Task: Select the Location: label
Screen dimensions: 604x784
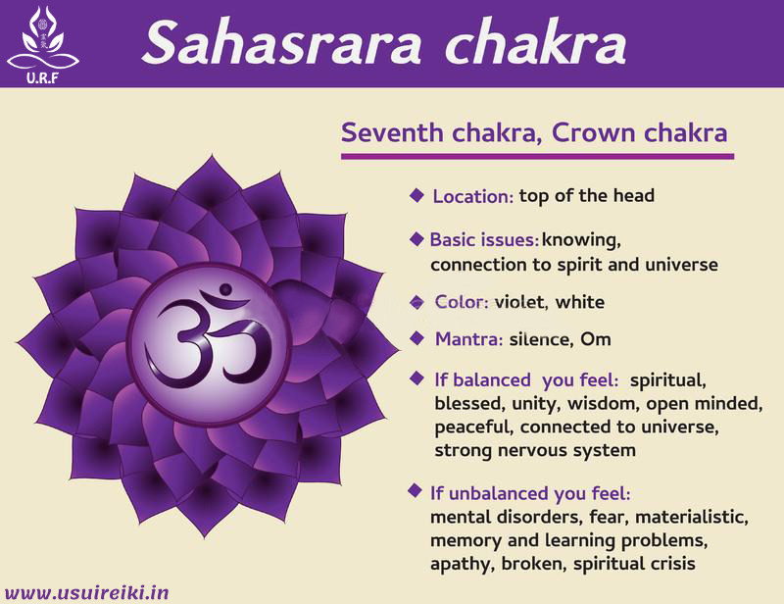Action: [473, 196]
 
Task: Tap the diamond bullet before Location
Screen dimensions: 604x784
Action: [416, 195]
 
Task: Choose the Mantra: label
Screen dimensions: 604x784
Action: [469, 339]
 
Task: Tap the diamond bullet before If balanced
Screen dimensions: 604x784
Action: [416, 377]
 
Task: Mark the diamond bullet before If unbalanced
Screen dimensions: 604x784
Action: [416, 490]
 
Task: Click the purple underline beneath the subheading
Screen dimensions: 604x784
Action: [536, 155]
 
